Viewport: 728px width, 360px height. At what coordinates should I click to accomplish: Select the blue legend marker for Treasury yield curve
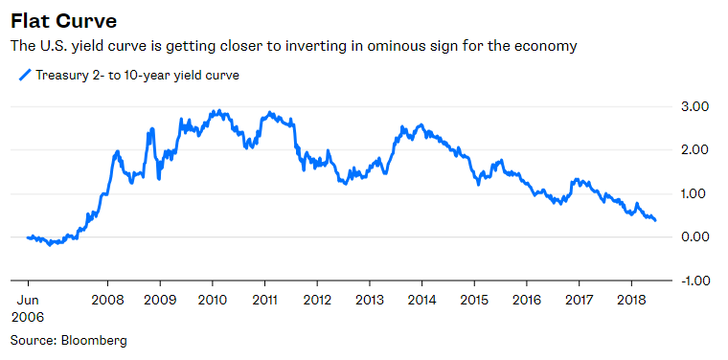(24, 76)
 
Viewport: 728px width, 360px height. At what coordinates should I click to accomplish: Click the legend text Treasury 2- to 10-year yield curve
(137, 76)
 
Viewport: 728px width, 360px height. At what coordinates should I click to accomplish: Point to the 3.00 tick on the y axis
(694, 106)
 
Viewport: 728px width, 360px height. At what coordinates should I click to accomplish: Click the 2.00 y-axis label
(694, 150)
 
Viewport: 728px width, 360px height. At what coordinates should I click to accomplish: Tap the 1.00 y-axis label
(694, 193)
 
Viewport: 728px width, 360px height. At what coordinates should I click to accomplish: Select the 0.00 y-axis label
(694, 237)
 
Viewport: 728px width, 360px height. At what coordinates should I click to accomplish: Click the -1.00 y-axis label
(693, 281)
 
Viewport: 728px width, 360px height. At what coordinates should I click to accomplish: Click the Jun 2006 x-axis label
(28, 306)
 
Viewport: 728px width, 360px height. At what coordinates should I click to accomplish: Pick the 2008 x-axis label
(107, 299)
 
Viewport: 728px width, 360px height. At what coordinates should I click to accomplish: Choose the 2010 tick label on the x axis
(213, 299)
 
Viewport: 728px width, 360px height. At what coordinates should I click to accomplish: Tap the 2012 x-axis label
(317, 299)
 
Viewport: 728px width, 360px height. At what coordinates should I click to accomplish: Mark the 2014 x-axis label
(421, 299)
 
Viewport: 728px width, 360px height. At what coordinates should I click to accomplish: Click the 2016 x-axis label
(526, 299)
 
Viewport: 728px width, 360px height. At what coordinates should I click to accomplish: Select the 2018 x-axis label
(630, 299)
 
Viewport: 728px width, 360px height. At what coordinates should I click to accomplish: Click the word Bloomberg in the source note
(94, 340)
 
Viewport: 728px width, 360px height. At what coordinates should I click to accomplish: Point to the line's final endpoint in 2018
(655, 221)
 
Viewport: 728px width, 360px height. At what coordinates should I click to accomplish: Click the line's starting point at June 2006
(28, 237)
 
